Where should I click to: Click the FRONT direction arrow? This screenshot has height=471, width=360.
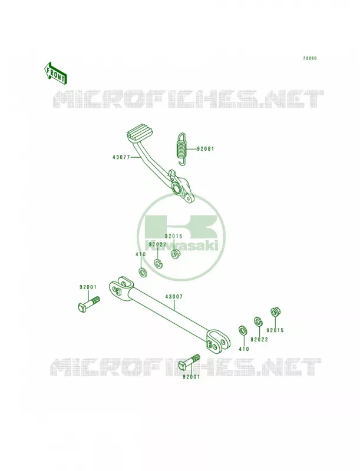[55, 72]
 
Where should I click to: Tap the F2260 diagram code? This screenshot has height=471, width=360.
[310, 58]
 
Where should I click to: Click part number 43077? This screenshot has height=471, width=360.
[121, 157]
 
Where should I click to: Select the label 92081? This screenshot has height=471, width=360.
[206, 149]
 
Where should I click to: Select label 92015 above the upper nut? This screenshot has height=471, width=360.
[173, 237]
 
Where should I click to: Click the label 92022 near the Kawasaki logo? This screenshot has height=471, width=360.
[157, 244]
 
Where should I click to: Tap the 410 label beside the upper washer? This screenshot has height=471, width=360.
[140, 254]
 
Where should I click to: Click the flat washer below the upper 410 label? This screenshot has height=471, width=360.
[142, 273]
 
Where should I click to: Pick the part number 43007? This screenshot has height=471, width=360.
[174, 297]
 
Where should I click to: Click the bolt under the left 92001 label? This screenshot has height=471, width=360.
[88, 304]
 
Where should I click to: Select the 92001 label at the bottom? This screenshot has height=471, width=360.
[191, 377]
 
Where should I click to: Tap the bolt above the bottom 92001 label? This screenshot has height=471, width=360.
[189, 362]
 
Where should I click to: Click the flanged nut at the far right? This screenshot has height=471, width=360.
[274, 312]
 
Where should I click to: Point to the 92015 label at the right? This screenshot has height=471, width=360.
[275, 330]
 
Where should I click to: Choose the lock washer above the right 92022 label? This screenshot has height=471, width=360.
[258, 321]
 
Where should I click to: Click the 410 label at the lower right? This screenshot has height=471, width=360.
[244, 349]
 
